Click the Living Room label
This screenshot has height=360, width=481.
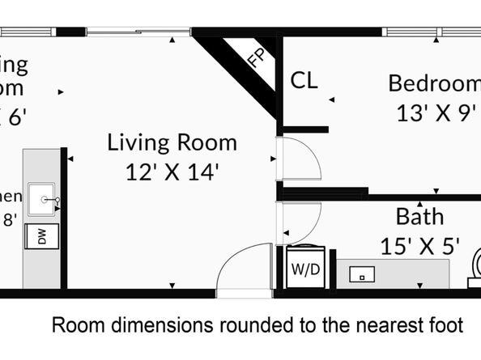[172, 143]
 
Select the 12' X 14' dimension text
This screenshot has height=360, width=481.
[172, 172]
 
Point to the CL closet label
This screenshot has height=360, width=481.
[304, 81]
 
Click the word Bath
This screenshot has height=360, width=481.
[419, 216]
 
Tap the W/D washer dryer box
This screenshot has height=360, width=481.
[305, 267]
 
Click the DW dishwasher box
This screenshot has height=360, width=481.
[42, 236]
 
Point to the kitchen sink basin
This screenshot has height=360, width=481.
[41, 199]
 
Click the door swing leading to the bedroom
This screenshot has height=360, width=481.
[297, 159]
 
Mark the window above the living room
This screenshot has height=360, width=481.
[138, 32]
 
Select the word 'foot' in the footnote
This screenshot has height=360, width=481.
[445, 325]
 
